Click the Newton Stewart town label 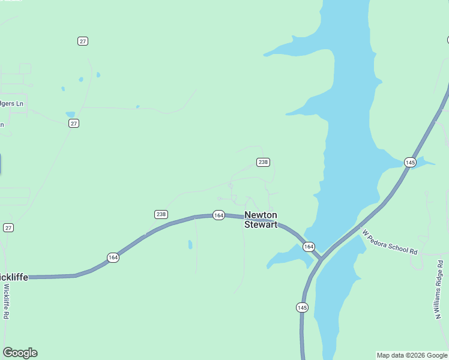[x=261, y=220]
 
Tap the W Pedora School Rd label [x=390, y=242]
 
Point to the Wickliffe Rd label [x=6, y=301]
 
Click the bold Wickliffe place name [x=14, y=277]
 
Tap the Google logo [x=20, y=353]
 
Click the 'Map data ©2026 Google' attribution [x=412, y=355]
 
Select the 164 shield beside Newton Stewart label [x=218, y=215]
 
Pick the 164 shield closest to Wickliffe [x=113, y=257]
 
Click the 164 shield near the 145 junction [x=309, y=247]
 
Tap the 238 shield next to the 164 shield [x=161, y=214]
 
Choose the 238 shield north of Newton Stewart [x=263, y=162]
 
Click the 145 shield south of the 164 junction [x=302, y=307]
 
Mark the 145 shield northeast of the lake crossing [x=410, y=163]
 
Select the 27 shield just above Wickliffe [x=8, y=228]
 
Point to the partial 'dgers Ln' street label [x=12, y=104]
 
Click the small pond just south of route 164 [x=190, y=244]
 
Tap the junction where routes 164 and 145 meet [x=321, y=258]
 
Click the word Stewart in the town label [x=261, y=225]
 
